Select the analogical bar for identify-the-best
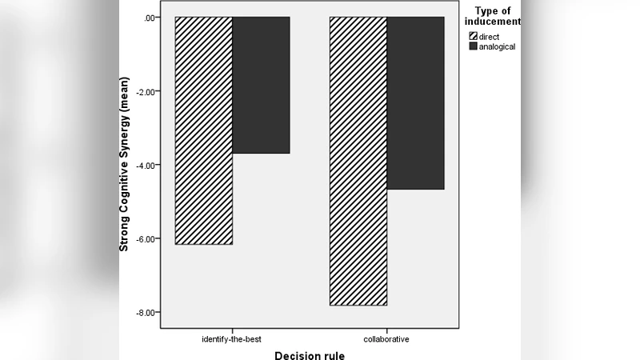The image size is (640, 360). click(261, 85)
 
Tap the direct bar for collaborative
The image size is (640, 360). click(358, 161)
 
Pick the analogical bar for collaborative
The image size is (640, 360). click(415, 103)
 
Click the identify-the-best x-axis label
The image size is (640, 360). click(231, 339)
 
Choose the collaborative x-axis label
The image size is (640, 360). click(386, 339)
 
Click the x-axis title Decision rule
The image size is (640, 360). click(310, 355)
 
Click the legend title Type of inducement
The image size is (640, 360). click(493, 15)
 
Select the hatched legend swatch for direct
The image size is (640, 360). click(474, 37)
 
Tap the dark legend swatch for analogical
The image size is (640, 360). click(474, 46)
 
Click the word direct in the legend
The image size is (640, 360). click(490, 37)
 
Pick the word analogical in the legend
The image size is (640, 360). click(498, 46)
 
